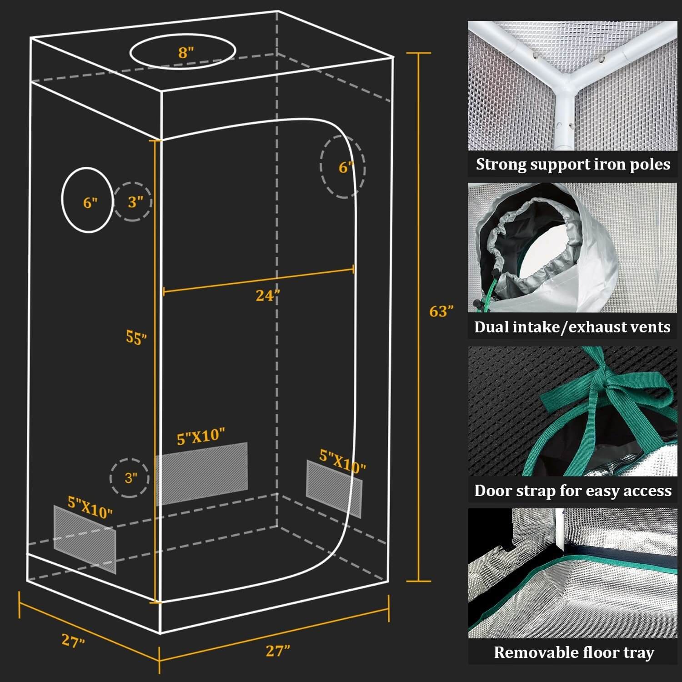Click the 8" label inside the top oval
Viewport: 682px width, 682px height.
186,52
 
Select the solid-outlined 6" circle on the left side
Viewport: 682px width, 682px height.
87,200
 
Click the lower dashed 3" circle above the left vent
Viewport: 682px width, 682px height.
130,477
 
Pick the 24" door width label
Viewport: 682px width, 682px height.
267,296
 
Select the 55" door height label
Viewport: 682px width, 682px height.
136,337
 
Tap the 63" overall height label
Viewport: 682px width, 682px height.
441,311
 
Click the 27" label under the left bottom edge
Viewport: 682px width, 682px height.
73,641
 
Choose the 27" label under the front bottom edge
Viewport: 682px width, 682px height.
277,651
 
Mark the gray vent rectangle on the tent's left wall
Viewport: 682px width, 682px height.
85,539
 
